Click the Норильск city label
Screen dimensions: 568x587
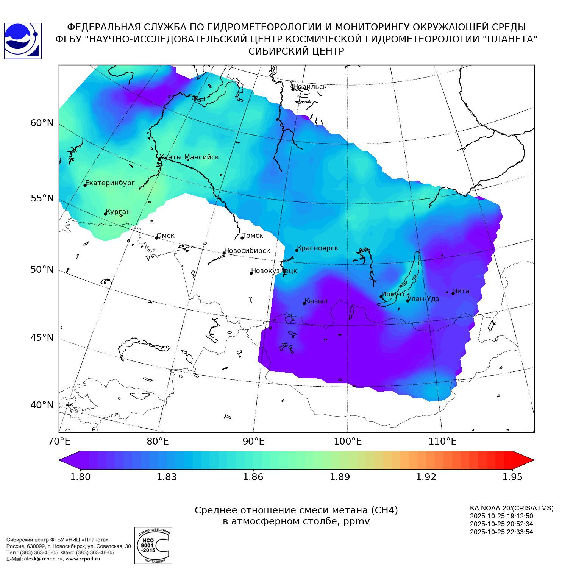[310, 87]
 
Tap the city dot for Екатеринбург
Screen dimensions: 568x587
[85, 185]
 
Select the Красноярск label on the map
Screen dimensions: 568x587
[317, 248]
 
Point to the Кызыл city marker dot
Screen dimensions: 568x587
[304, 303]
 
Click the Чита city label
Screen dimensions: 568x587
[461, 291]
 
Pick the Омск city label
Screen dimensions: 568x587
[165, 236]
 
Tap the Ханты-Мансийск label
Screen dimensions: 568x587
[189, 157]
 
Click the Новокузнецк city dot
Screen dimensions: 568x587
[251, 273]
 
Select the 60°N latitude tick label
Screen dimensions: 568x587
[42, 123]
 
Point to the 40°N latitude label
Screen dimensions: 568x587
[42, 405]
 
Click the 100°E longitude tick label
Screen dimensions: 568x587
[348, 441]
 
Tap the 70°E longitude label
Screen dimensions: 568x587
[59, 441]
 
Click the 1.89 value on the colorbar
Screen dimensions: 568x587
[340, 477]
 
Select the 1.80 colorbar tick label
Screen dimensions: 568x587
[80, 477]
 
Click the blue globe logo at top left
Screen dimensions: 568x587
[22, 41]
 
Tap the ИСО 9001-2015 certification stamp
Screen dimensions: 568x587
[153, 545]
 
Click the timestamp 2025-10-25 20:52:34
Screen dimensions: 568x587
[501, 524]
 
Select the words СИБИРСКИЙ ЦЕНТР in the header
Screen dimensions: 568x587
[296, 51]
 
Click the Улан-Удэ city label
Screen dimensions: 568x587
[423, 299]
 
